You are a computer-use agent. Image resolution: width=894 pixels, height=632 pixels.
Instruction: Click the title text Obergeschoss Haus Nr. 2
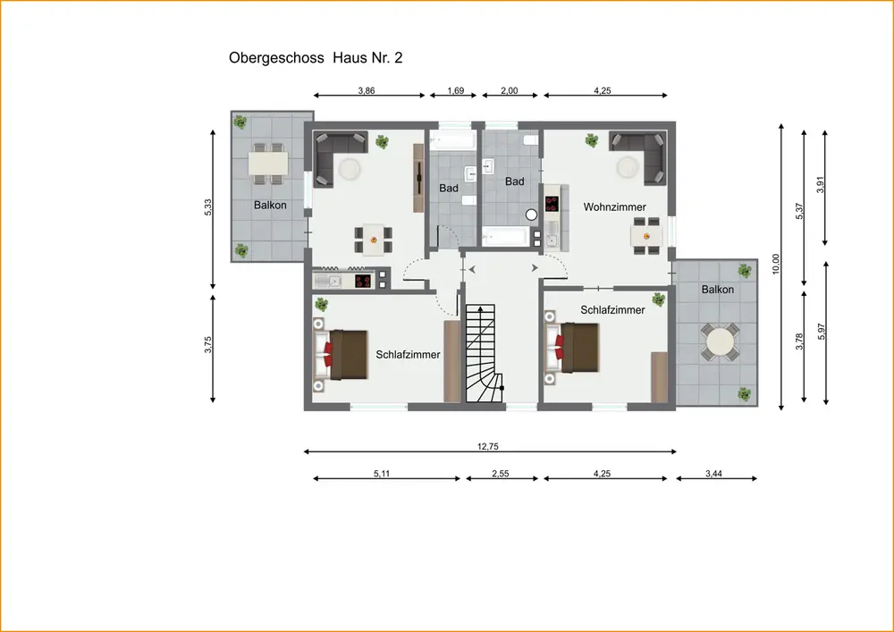click(x=316, y=58)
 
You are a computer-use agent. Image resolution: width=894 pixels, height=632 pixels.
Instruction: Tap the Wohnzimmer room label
click(x=615, y=207)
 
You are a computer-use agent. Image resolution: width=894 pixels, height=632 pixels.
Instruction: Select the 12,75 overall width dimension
click(x=488, y=447)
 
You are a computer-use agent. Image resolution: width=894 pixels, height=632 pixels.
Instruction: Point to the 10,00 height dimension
click(x=775, y=264)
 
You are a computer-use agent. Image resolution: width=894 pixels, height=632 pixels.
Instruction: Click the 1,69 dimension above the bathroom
click(x=456, y=90)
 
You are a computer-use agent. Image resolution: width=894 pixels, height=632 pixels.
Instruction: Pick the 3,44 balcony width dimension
click(x=713, y=474)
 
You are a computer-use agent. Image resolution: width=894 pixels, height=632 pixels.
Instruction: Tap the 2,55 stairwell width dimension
click(x=500, y=474)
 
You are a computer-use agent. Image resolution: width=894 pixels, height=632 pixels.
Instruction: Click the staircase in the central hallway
click(x=485, y=353)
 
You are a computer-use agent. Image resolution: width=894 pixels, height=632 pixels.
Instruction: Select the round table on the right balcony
click(x=720, y=342)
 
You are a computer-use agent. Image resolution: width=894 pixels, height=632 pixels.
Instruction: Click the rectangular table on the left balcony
click(x=268, y=164)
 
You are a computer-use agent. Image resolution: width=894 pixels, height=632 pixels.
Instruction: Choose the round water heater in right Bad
click(x=531, y=215)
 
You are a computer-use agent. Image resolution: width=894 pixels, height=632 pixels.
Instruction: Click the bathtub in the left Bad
click(x=452, y=139)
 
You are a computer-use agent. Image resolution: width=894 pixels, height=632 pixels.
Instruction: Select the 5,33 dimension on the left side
click(x=208, y=206)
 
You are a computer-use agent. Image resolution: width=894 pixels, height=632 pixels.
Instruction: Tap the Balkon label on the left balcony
click(x=270, y=206)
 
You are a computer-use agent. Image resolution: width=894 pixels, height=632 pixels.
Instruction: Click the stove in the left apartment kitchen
click(x=363, y=281)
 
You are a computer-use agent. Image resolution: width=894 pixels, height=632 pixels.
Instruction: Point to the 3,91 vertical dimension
click(x=821, y=184)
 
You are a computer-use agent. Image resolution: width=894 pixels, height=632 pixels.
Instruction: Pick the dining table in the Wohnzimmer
click(x=646, y=234)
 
